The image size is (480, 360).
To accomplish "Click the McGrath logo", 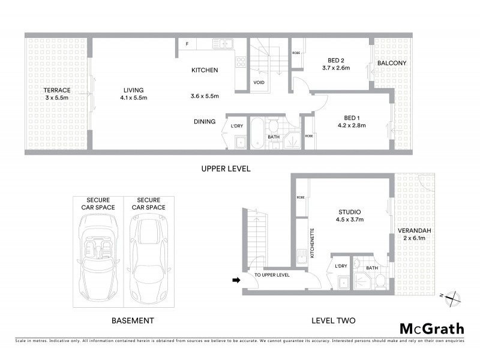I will tap(432, 328).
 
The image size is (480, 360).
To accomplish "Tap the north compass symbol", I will tap(455, 296).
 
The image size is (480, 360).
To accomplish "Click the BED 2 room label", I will tap(337, 60).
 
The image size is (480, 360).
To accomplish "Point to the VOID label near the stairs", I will tap(259, 83).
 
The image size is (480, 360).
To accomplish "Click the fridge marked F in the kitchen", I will tap(187, 44).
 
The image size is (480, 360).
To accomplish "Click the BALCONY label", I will tap(392, 63).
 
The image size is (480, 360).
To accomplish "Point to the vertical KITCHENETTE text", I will tap(312, 244).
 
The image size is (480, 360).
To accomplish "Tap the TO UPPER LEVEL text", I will tap(272, 275).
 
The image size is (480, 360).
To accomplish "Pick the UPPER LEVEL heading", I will tap(226, 169).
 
